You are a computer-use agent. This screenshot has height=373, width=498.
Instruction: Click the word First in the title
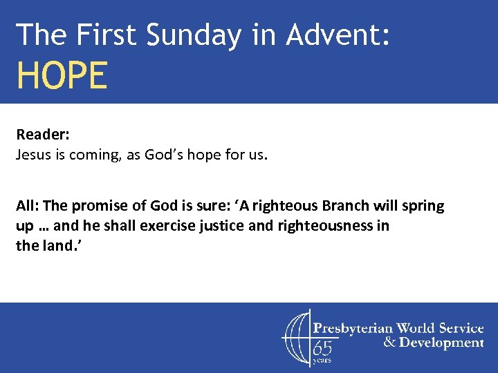pyautogui.click(x=101, y=35)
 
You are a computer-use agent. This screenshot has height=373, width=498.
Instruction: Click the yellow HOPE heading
pyautogui.click(x=62, y=75)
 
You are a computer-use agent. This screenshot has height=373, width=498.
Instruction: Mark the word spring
pyautogui.click(x=424, y=207)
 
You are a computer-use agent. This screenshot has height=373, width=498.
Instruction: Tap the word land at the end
pyautogui.click(x=56, y=245)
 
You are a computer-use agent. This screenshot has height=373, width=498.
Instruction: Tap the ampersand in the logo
pyautogui.click(x=390, y=343)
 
